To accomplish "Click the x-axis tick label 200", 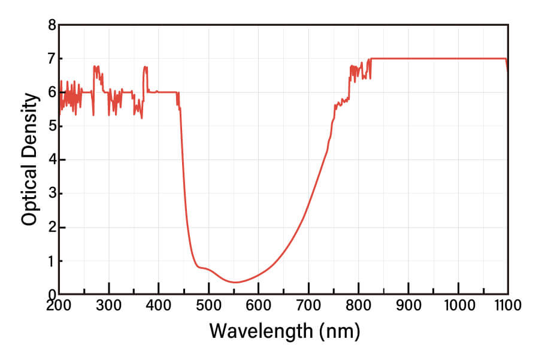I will click(x=58, y=305).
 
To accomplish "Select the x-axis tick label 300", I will click(x=108, y=305).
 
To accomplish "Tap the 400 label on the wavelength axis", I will click(x=158, y=305).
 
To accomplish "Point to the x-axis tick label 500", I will click(x=208, y=305).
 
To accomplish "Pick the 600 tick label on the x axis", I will click(x=258, y=305).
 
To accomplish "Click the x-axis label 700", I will click(x=308, y=305).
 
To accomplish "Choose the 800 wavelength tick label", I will click(x=358, y=305).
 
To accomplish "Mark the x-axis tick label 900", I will click(x=408, y=305).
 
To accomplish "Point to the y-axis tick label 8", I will click(x=52, y=25).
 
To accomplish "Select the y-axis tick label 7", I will click(x=52, y=59).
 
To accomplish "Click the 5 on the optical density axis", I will click(x=52, y=126).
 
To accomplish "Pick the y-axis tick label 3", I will click(x=52, y=193).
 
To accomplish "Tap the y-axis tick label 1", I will click(x=52, y=261).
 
